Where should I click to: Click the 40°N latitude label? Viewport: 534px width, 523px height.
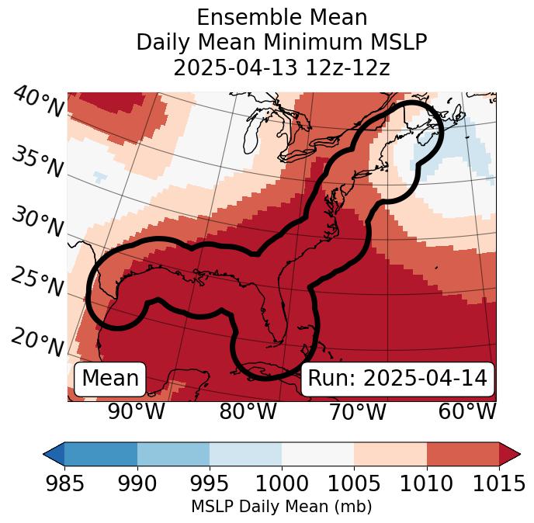pos(37,102)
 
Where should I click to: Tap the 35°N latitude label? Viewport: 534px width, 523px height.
pos(36,161)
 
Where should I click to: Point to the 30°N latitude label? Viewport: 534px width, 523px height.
pos(36,223)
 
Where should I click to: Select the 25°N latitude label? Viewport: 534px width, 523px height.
pos(36,282)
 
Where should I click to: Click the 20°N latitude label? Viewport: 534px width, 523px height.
pos(36,341)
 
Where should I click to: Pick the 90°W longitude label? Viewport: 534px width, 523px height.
pos(136,411)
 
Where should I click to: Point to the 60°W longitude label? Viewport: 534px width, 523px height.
pos(467,411)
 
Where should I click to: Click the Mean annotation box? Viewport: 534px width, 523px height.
pos(110,379)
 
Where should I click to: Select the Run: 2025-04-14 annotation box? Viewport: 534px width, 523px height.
pos(397,379)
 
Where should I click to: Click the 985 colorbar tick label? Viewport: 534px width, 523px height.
pos(64,483)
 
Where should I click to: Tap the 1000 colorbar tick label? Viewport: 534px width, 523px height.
pos(282,483)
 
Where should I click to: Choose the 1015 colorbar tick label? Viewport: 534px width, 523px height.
pos(498,483)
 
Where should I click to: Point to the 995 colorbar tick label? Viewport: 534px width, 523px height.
pos(210,483)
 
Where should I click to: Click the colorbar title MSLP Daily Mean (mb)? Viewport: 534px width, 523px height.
pos(281,507)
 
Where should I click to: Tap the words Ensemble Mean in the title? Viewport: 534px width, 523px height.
pos(282,17)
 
